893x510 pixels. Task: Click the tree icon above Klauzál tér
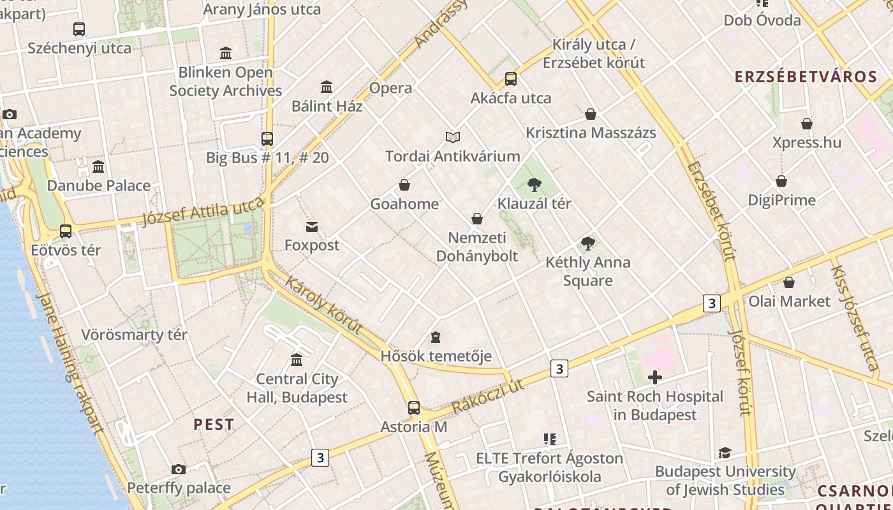pos(535,185)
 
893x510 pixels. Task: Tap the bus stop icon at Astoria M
pos(414,408)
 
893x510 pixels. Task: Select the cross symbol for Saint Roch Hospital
pos(654,377)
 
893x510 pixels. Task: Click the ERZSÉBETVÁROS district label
pos(806,77)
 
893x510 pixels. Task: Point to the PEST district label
pos(214,425)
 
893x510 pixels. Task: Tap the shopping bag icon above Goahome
pos(404,185)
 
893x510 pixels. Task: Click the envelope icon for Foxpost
pos(312,226)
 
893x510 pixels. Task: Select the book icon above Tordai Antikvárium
pos(453,137)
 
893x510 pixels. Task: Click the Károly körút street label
pos(323,305)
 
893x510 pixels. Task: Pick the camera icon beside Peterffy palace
pos(179,469)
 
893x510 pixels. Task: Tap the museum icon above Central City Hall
pos(297,360)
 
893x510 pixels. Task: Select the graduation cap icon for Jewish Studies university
pos(725,453)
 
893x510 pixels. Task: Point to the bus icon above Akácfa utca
pos(511,79)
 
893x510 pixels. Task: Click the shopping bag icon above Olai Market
pos(789,282)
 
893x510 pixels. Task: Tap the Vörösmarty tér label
pos(135,335)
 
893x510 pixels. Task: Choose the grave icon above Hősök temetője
pos(436,337)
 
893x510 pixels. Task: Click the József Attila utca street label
pos(203,211)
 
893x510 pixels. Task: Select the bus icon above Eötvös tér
pos(66,231)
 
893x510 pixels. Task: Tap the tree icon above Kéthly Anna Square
pos(588,244)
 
